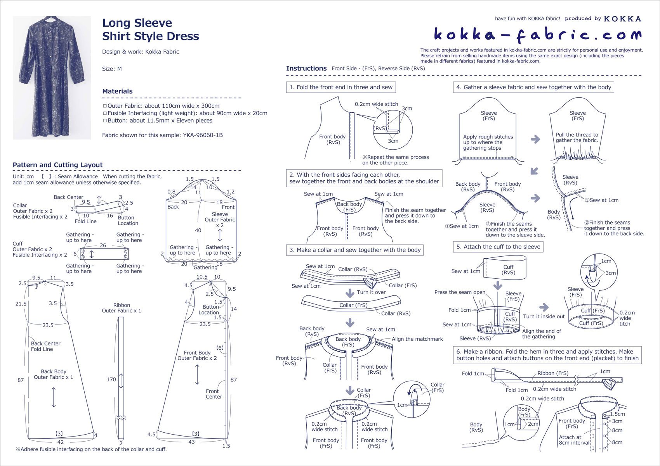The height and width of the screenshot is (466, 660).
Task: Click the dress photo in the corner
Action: [x=52, y=78]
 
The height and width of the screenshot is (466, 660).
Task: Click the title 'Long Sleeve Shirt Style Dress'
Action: [x=150, y=29]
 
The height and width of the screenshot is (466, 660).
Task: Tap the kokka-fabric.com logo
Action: [x=537, y=35]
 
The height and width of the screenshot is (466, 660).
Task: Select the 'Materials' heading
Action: [x=117, y=91]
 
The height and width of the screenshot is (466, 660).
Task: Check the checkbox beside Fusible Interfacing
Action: [x=105, y=113]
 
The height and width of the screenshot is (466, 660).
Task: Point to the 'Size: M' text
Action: [x=112, y=69]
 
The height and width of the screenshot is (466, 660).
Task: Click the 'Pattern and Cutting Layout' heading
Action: [x=57, y=165]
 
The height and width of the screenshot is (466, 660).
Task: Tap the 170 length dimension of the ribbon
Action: [x=111, y=379]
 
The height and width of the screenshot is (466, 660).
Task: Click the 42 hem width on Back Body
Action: [x=61, y=442]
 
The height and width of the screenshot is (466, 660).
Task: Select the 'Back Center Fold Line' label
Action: [x=45, y=346]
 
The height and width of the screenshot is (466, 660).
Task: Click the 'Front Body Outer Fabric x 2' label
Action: [x=197, y=356]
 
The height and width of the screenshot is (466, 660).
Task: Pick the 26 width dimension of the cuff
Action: [x=103, y=245]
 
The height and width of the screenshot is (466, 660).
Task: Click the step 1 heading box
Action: [x=341, y=87]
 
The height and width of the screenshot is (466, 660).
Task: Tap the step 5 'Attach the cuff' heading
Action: [x=498, y=247]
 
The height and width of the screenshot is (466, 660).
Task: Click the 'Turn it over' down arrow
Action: [x=350, y=293]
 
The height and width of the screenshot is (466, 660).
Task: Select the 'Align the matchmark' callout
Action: [x=417, y=339]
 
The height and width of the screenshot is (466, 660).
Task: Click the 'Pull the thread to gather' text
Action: [x=577, y=138]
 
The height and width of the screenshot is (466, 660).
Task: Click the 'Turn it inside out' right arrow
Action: [x=544, y=307]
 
